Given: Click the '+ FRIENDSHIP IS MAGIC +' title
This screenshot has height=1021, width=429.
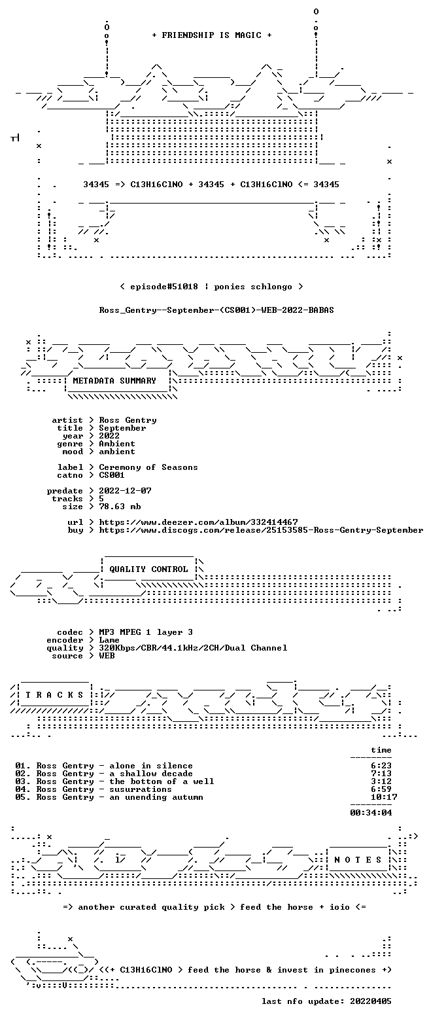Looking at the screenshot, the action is point(212,35).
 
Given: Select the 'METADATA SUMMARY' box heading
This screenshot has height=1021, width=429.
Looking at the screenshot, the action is point(114,381).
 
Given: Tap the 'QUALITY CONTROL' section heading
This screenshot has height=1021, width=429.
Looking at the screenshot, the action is point(148,569).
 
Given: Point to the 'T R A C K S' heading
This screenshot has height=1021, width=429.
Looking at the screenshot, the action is point(55,694).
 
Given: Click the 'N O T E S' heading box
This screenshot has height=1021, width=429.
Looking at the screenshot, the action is point(358,859).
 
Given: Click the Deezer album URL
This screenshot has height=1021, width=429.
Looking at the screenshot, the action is point(199,522).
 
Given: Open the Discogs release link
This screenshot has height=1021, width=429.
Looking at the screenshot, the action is point(261,530).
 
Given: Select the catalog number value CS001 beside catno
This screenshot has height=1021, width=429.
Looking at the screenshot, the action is point(112,475).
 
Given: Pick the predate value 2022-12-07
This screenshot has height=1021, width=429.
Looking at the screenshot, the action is point(126,490).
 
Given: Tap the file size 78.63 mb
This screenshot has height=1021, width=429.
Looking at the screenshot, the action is point(120,507).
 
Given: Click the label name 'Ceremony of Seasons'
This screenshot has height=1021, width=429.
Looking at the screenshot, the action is point(148,467).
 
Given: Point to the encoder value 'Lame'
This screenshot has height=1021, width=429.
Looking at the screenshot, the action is point(109,640).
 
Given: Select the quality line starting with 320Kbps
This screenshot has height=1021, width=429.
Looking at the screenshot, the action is point(193,648).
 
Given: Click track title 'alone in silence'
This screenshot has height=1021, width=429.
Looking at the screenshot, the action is point(151,766).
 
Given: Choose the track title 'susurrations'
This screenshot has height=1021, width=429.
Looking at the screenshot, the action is point(140,789).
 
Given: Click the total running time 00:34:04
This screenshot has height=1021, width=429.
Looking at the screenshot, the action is point(371,813).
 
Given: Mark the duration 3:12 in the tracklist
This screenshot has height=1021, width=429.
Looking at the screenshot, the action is point(381,781).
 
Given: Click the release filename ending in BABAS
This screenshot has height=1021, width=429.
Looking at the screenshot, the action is point(216,310).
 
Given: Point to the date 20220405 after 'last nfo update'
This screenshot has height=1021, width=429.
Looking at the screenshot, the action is point(371,1001).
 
